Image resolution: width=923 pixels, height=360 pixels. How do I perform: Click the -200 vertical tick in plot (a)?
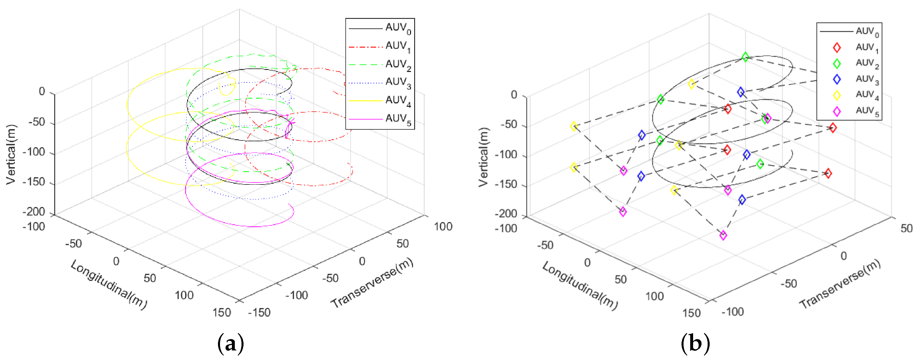click(34, 212)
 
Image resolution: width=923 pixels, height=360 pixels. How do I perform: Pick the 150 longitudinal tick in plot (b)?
click(691, 313)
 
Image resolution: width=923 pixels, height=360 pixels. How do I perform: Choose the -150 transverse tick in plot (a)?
click(259, 312)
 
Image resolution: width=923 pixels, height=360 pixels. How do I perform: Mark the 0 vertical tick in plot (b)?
click(514, 95)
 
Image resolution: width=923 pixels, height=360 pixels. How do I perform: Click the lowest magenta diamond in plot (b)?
click(723, 235)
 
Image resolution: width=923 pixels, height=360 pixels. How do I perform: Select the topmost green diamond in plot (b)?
click(745, 57)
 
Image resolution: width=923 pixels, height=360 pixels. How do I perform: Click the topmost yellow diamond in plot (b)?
click(692, 84)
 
